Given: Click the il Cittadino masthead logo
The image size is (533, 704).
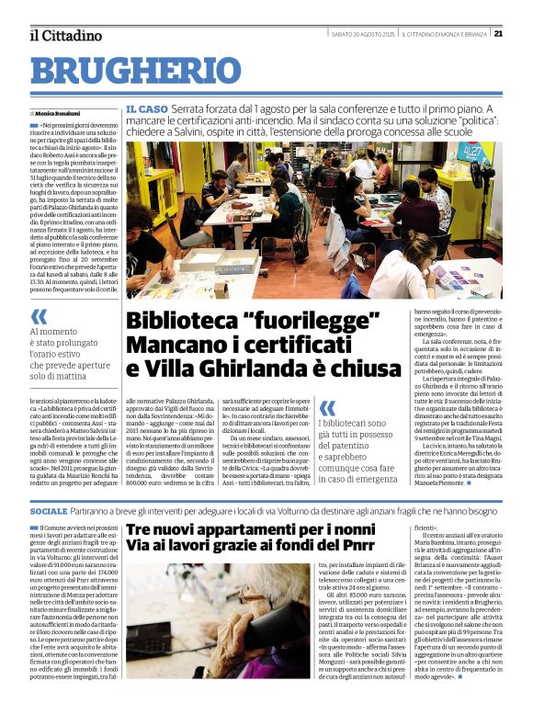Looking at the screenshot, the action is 65,35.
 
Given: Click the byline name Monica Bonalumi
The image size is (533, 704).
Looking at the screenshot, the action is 69,113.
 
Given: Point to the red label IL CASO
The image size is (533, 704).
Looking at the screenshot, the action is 146,109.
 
